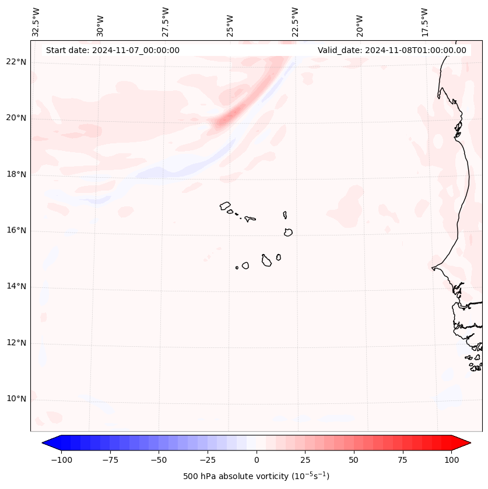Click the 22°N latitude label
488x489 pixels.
tap(16, 62)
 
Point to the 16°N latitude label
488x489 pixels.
tap(16, 230)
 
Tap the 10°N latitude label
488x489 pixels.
tap(16, 399)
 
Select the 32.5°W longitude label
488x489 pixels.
tap(36, 22)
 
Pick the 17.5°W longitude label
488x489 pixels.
tap(424, 22)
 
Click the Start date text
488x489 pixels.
tap(113, 50)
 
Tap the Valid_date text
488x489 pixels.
tap(392, 50)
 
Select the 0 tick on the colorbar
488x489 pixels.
tap(257, 460)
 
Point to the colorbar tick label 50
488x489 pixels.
tap(354, 460)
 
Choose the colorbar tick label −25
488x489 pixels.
tap(207, 460)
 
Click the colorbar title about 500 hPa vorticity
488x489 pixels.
tap(256, 476)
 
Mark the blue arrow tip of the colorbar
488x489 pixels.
tap(46, 443)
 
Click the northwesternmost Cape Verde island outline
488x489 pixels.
tap(225, 205)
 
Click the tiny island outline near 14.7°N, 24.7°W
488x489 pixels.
tap(237, 268)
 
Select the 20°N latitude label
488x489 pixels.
tap(16, 118)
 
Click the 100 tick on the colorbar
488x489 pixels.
tap(451, 460)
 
